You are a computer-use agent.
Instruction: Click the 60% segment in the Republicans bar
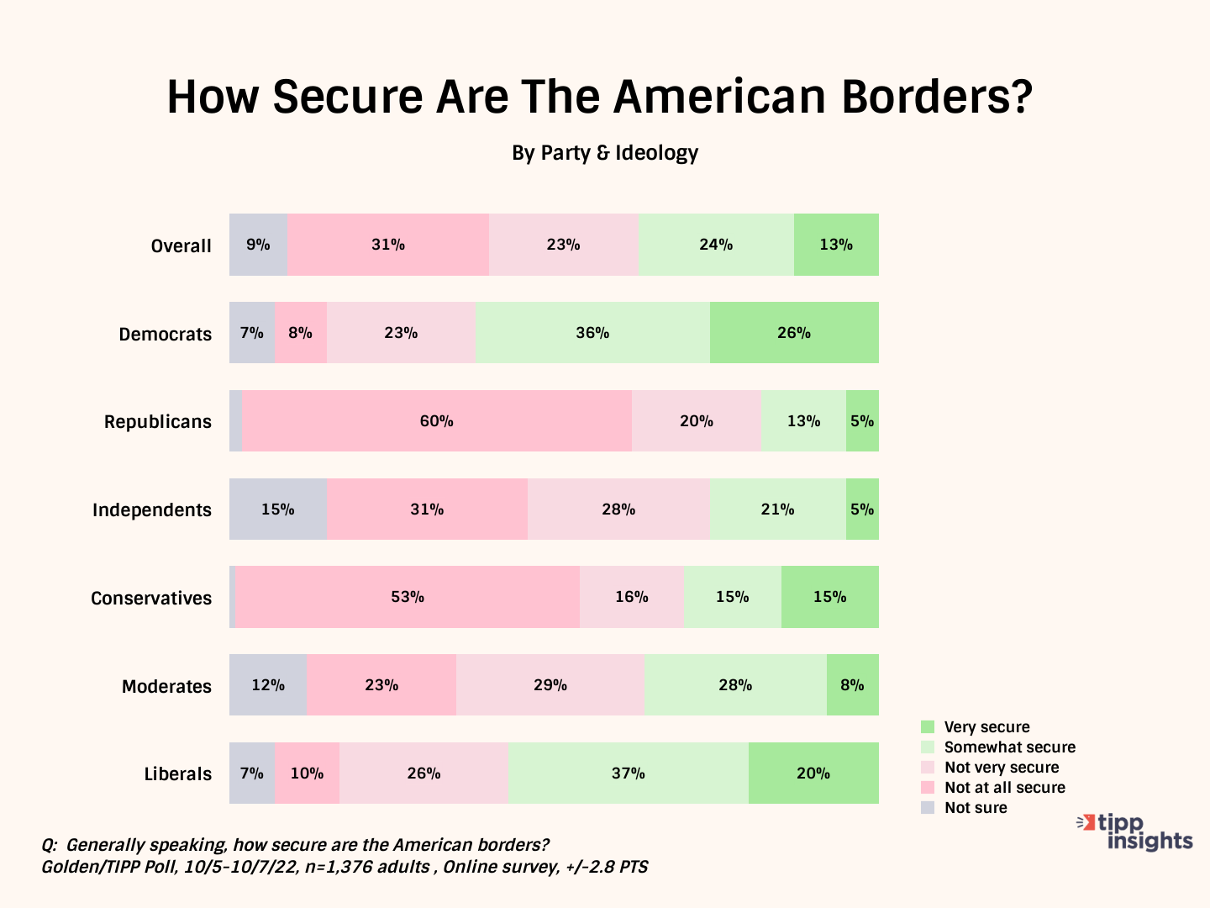coord(437,421)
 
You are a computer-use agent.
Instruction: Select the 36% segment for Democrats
coord(592,333)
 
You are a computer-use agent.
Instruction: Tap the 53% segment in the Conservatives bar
coord(408,597)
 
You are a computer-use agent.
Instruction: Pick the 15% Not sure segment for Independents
coord(278,509)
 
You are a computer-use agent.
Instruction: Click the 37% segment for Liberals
coord(629,773)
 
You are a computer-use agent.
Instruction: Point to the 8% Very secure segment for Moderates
coord(853,685)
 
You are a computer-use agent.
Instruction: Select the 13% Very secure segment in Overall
coord(836,245)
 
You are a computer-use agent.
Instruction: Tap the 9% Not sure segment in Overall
coord(258,245)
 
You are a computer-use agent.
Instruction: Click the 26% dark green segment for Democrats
coord(794,333)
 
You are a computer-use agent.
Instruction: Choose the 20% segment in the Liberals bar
coord(813,773)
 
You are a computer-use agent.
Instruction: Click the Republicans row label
coord(158,422)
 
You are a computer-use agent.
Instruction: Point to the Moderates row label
coord(166,686)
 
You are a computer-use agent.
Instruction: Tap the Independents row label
coord(152,510)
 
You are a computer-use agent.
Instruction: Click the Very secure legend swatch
coord(928,727)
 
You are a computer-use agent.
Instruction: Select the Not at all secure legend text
coord(1005,788)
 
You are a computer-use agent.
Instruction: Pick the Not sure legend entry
coord(976,808)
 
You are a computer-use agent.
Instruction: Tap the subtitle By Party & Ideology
coord(605,153)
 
